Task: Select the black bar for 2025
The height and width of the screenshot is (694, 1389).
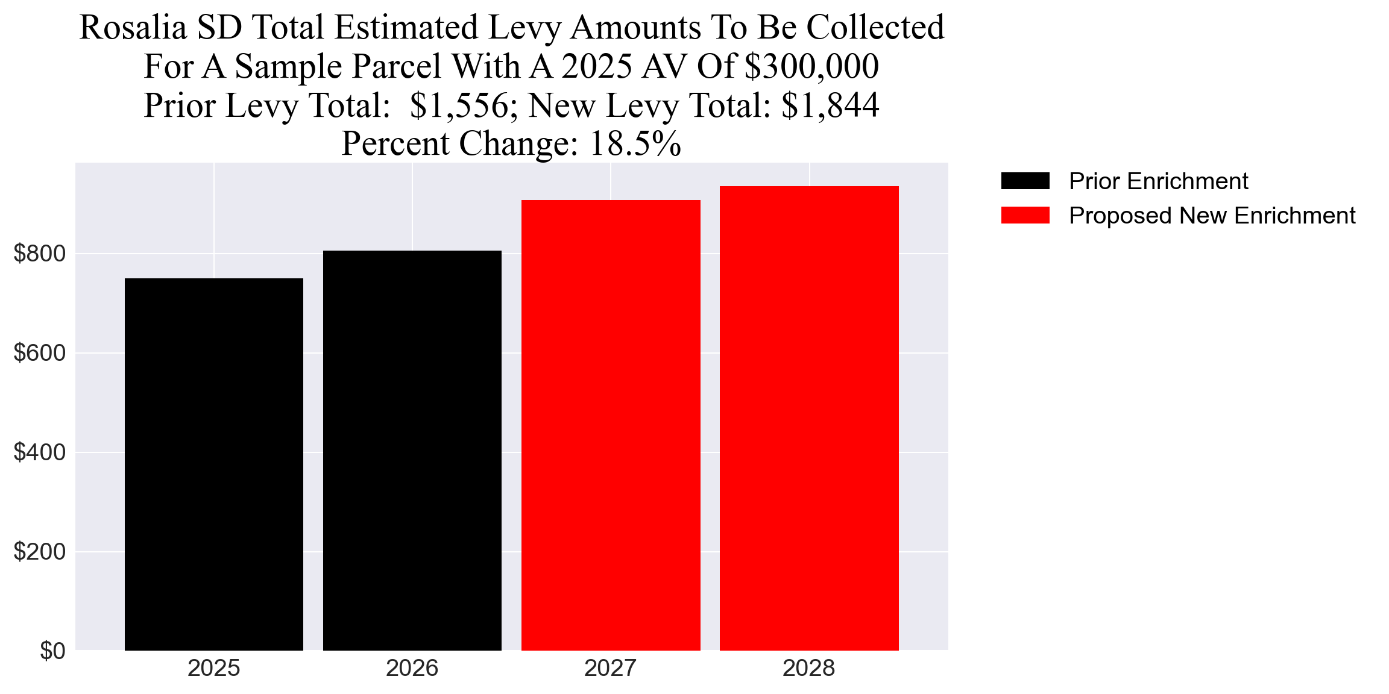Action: (x=213, y=464)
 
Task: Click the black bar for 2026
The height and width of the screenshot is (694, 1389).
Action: (x=412, y=450)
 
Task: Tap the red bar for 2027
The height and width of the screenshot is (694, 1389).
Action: (x=610, y=425)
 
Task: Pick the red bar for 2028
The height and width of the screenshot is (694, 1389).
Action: (x=808, y=418)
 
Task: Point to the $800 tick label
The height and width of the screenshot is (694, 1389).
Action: (x=40, y=254)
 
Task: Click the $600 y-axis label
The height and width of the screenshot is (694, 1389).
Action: (x=40, y=353)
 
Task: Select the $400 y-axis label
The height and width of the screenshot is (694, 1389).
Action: (x=40, y=452)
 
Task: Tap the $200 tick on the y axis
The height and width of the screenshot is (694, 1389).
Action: (x=40, y=552)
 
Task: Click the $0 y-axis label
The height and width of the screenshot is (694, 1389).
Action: (x=52, y=651)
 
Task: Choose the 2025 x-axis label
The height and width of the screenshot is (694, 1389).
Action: (x=213, y=668)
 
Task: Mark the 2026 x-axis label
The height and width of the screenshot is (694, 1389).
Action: (x=412, y=668)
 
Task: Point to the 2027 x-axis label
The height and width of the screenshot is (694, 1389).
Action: (x=610, y=668)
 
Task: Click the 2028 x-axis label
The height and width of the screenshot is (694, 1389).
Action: (x=808, y=668)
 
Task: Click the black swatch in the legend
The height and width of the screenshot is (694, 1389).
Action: (x=1025, y=181)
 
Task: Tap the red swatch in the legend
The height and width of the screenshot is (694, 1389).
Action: (x=1025, y=215)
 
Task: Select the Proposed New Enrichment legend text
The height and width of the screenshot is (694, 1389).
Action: (x=1212, y=215)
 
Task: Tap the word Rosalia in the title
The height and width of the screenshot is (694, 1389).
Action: (x=133, y=28)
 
